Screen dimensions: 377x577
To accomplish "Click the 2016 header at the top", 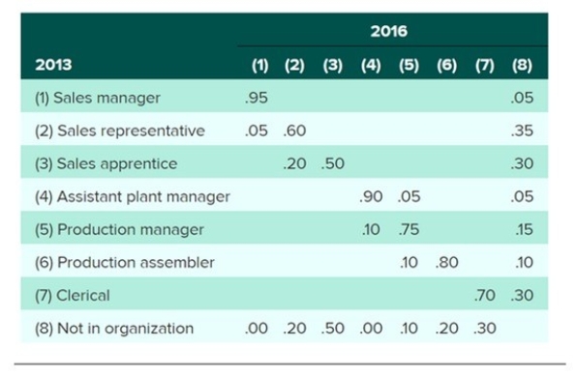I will (389, 32).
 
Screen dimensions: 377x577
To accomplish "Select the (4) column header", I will (370, 65).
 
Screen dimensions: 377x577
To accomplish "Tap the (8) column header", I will (523, 65).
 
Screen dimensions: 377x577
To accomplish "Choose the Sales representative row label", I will (119, 130).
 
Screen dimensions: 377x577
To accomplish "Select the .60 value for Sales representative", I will (295, 130).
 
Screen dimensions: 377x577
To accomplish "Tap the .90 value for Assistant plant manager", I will (370, 196).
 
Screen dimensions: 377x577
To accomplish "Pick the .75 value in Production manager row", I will (408, 229).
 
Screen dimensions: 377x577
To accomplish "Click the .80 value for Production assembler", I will (446, 262).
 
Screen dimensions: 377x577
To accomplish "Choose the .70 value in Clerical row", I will (485, 295).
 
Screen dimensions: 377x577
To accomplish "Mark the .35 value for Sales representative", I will (523, 130).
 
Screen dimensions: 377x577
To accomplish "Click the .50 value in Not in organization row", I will (332, 328).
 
